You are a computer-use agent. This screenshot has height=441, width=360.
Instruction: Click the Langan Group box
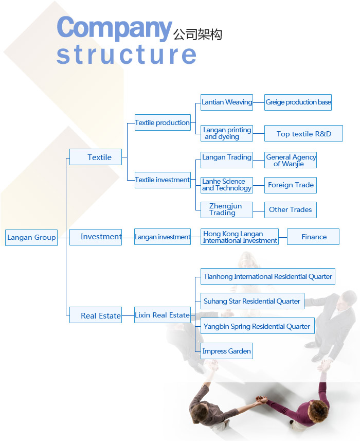31,238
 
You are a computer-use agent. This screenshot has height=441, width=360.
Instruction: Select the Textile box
96,157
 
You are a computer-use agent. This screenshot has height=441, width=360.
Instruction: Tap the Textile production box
163,122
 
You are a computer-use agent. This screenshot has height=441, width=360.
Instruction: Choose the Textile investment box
163,180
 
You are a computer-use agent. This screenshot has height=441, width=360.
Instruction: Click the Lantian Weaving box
227,102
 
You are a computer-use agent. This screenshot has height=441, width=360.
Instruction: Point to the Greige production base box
298,102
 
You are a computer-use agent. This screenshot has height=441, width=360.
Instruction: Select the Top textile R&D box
303,133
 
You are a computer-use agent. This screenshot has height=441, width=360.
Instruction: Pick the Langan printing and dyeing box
227,133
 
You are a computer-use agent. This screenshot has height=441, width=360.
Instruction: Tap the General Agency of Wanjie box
291,160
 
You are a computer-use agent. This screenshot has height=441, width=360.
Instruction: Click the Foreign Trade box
291,185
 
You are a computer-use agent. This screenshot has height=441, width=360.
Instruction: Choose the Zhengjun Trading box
227,210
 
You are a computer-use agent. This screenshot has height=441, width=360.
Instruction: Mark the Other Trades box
291,210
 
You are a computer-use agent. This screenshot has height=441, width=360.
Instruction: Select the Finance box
313,237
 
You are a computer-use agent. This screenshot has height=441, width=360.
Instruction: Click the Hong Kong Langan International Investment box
240,237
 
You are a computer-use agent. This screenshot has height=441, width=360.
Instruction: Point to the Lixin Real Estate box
163,315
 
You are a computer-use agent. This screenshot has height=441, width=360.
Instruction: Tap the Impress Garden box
227,351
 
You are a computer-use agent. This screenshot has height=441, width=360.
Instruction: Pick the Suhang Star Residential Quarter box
253,301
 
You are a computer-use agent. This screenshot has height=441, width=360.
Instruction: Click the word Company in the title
114,28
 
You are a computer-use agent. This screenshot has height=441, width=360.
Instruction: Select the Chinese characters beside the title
197,34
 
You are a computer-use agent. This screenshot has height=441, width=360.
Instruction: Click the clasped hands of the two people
261,399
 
